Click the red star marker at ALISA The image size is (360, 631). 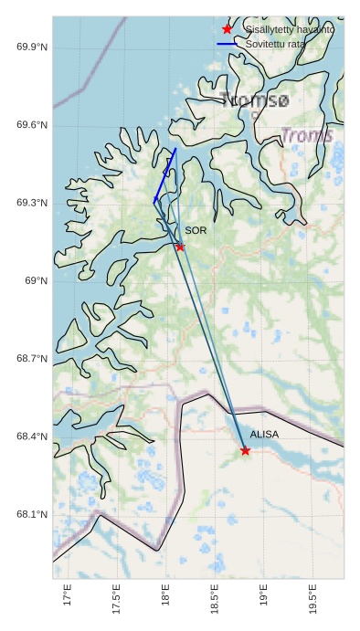[245, 450]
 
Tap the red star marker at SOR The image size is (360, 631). [180, 247]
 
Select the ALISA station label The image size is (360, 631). [264, 435]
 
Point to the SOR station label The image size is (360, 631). [196, 231]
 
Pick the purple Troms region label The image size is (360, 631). [307, 135]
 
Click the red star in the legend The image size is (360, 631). [228, 29]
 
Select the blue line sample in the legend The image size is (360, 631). [228, 44]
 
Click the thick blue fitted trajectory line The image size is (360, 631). [165, 174]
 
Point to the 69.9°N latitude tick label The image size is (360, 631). [32, 47]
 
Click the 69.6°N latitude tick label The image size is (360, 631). [32, 125]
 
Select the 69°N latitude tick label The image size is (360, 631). [37, 281]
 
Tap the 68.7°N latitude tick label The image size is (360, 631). [32, 359]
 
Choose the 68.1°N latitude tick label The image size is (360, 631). [32, 515]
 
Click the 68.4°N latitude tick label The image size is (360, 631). [32, 437]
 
